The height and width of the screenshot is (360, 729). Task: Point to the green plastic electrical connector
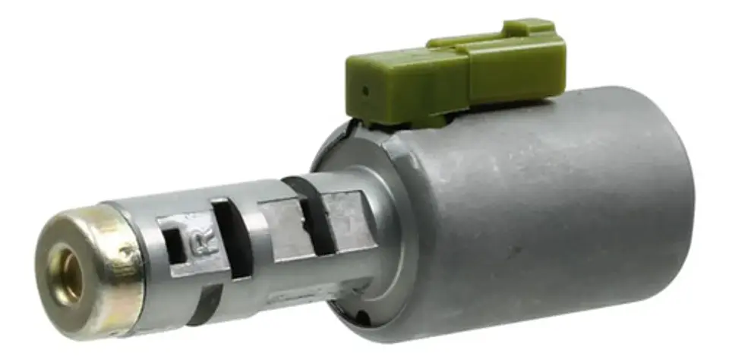456,74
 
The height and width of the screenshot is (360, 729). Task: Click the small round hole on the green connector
365,91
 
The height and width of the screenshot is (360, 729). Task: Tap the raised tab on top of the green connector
529,28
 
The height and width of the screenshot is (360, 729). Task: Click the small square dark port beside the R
175,245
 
